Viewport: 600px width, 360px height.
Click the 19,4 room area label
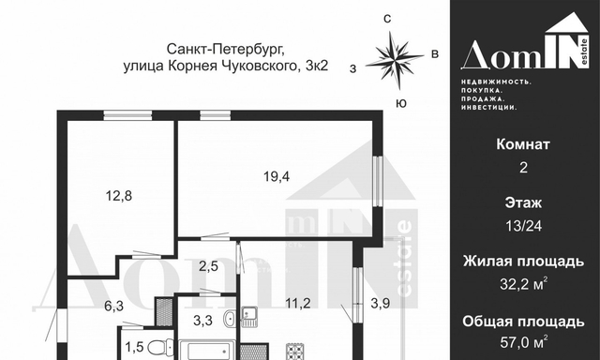[277, 177]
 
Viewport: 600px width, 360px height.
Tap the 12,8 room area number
[119, 196]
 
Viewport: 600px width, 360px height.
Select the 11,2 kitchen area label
[298, 304]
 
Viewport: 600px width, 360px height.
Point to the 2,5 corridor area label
[208, 266]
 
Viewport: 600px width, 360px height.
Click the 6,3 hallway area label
[114, 306]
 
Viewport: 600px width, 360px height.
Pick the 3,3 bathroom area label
[202, 321]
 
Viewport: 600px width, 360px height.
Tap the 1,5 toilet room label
[134, 347]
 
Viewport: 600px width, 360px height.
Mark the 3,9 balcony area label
[381, 304]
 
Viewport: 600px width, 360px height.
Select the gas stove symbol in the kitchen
[295, 352]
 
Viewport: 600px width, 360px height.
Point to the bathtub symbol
[209, 350]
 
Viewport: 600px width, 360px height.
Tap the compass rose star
[394, 60]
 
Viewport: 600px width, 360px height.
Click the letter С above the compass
[387, 19]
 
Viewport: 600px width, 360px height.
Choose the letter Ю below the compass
[401, 103]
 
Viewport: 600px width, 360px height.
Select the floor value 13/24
[523, 226]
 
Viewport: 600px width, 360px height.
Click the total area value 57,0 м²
[523, 341]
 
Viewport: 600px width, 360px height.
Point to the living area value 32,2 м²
[523, 284]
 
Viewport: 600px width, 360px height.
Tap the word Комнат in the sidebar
[523, 144]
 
